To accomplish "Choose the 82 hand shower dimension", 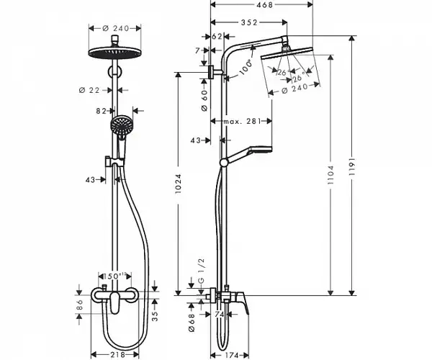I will [101, 111].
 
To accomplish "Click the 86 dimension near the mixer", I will [81, 305].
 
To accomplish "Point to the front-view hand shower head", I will [121, 127].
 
